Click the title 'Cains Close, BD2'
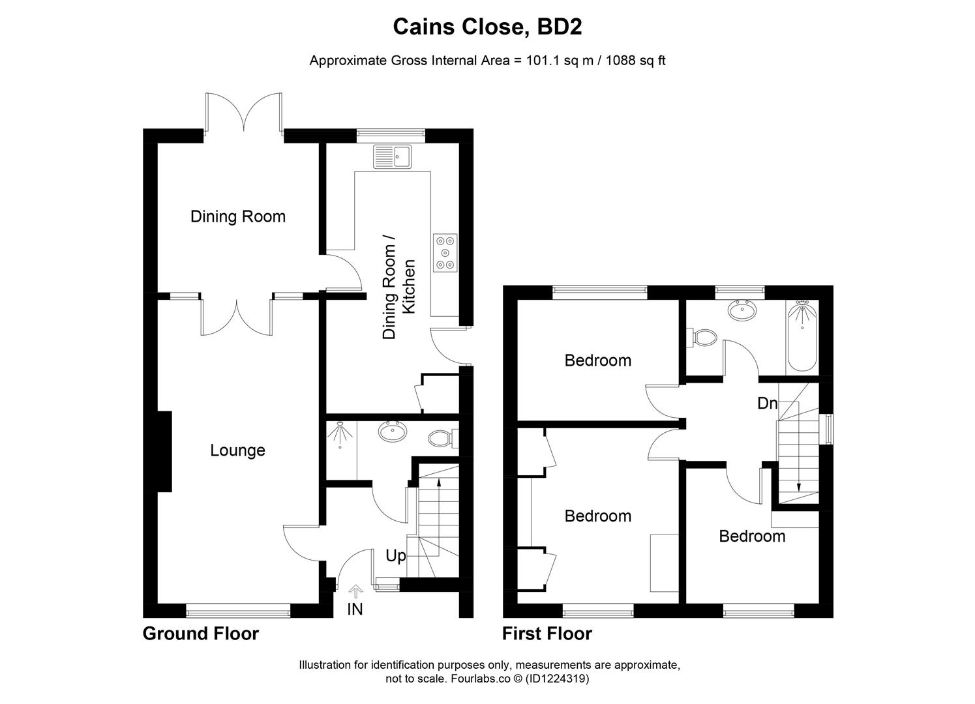pyautogui.click(x=487, y=27)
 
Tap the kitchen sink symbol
pyautogui.click(x=391, y=156)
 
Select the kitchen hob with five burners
pyautogui.click(x=445, y=252)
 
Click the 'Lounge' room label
pyautogui.click(x=237, y=450)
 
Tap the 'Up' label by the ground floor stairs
pyautogui.click(x=395, y=556)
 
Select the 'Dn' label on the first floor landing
pyautogui.click(x=768, y=403)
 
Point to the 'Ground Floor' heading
pyautogui.click(x=201, y=634)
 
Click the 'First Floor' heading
pyautogui.click(x=547, y=634)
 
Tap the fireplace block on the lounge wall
pyautogui.click(x=164, y=451)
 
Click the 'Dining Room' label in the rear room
pyautogui.click(x=238, y=216)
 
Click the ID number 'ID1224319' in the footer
pyautogui.click(x=558, y=679)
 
